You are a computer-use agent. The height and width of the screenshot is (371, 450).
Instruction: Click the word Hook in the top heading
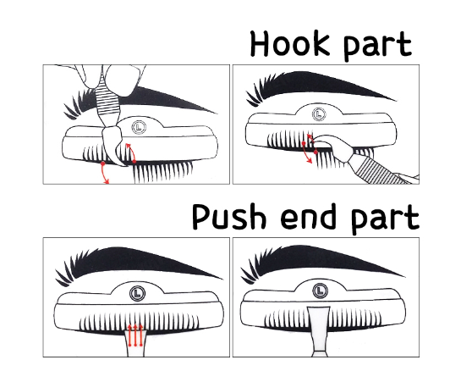tap(289, 44)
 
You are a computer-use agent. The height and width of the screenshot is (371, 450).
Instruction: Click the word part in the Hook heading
tap(377, 46)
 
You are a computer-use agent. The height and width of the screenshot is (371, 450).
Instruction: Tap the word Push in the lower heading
tap(228, 216)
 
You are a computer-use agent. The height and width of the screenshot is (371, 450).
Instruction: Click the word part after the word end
tap(385, 219)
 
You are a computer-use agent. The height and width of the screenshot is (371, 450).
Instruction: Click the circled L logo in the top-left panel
tap(140, 127)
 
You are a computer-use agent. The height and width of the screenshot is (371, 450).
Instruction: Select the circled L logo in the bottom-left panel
tap(138, 293)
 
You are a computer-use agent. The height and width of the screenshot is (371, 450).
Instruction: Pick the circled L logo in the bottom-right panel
tap(320, 291)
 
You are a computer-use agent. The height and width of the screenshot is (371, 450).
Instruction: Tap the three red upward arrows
tap(135, 335)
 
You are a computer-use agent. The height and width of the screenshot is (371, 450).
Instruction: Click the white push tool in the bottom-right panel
tap(319, 330)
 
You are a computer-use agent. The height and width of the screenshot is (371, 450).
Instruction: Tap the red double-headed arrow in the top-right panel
tap(307, 152)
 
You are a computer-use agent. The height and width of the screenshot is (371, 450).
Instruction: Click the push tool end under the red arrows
tap(135, 343)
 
